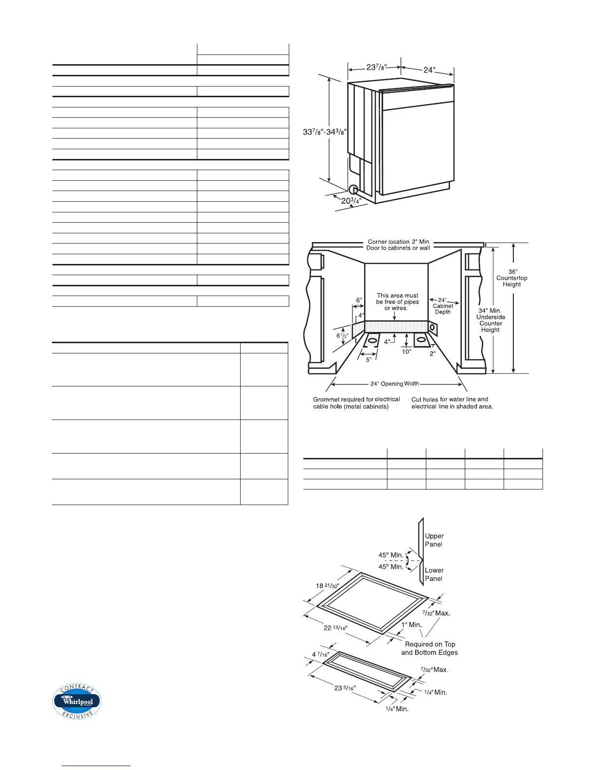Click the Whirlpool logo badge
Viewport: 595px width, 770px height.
pyautogui.click(x=77, y=701)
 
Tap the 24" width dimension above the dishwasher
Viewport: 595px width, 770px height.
pyautogui.click(x=428, y=70)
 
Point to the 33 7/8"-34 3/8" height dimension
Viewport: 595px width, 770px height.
pyautogui.click(x=324, y=132)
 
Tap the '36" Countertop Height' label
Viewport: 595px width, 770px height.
pyautogui.click(x=511, y=278)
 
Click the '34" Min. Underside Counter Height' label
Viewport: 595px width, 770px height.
pyautogui.click(x=490, y=320)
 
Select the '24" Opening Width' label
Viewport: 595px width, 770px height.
pyautogui.click(x=394, y=384)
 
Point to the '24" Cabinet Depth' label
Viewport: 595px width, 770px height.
pyautogui.click(x=442, y=306)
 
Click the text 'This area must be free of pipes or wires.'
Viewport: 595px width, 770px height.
pyautogui.click(x=397, y=302)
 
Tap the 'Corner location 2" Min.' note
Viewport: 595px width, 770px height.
pyautogui.click(x=399, y=242)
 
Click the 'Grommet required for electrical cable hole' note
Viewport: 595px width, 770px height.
pyautogui.click(x=356, y=403)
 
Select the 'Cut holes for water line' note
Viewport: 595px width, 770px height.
pyautogui.click(x=452, y=403)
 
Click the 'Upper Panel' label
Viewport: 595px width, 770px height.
pyautogui.click(x=434, y=540)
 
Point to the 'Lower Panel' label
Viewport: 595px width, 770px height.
pyautogui.click(x=434, y=574)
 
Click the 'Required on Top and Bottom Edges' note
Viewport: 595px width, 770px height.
pyautogui.click(x=430, y=648)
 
